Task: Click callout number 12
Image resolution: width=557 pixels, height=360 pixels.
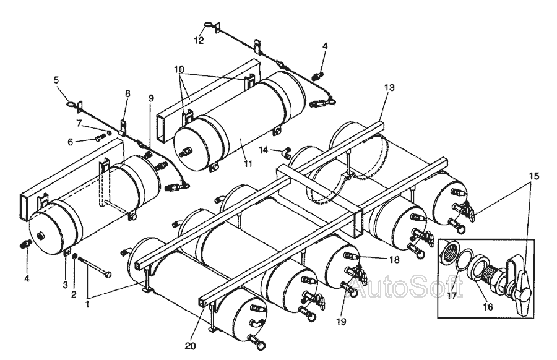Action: (x=199, y=40)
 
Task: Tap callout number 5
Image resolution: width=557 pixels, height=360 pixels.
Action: (x=56, y=80)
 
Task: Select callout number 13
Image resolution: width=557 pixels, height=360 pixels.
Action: (x=389, y=87)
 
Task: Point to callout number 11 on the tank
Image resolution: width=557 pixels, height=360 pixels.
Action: (x=248, y=164)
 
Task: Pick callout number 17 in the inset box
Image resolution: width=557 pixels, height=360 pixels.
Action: (x=452, y=296)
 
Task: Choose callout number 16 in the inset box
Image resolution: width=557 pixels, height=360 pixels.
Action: (x=488, y=307)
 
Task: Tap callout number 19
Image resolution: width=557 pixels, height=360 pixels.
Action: (x=342, y=322)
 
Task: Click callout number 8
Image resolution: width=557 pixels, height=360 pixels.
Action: (x=127, y=93)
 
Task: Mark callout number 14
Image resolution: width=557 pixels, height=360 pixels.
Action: (x=263, y=150)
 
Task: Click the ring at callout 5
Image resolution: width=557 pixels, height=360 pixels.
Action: (x=71, y=105)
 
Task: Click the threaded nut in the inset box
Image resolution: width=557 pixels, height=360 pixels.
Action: (x=449, y=251)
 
